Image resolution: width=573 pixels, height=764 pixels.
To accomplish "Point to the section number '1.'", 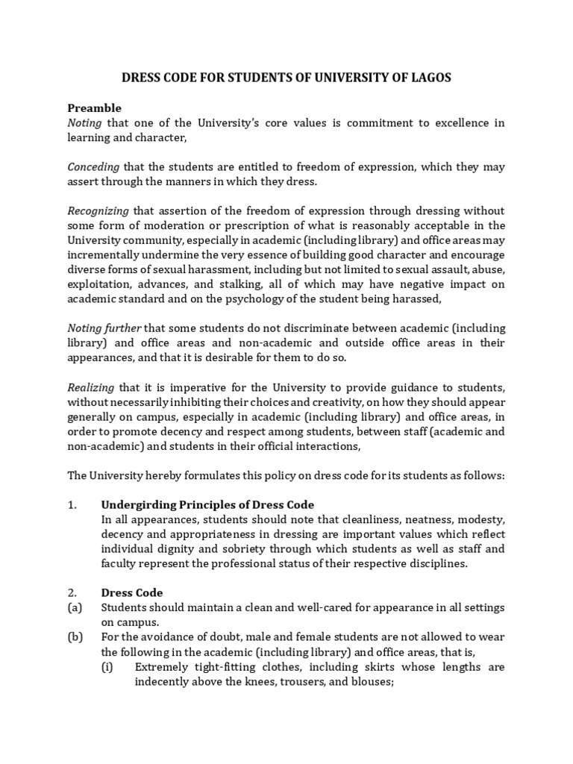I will pos(72,504).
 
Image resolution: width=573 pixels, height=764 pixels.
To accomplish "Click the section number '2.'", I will pos(72,592).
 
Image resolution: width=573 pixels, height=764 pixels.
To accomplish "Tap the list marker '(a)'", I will pos(74,607).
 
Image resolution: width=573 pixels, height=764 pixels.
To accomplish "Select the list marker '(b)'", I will pos(74,636).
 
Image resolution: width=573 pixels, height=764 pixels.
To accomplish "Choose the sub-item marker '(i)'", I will pos(107,666).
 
